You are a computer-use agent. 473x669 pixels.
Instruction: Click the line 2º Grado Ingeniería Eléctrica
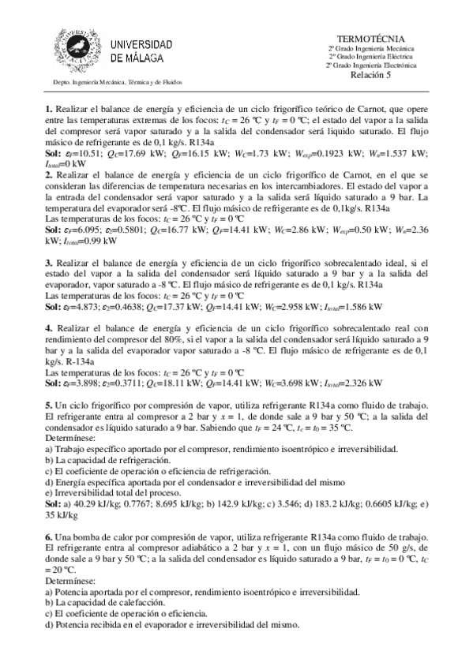coord(370,56)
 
